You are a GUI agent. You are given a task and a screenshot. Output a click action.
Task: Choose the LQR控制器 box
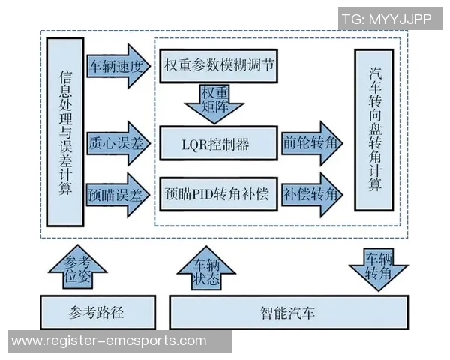(x=218, y=143)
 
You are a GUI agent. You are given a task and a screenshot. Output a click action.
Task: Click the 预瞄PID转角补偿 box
(x=218, y=193)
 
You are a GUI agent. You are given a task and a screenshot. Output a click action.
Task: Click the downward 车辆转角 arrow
(x=377, y=267)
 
